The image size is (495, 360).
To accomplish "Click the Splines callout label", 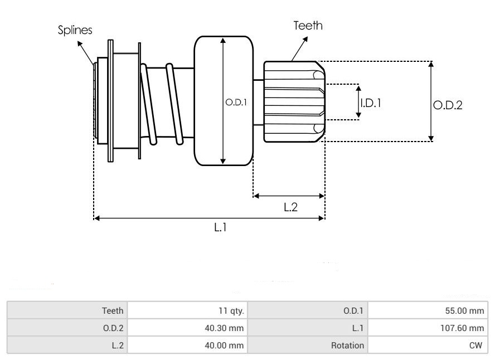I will [75, 30].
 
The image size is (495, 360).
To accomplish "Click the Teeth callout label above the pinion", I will [308, 26].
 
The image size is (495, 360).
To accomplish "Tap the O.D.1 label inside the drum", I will [236, 103].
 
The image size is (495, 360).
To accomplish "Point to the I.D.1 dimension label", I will [370, 103].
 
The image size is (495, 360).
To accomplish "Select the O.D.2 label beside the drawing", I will [448, 105].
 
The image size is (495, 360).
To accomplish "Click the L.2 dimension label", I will [290, 207].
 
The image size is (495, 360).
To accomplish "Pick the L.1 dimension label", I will [220, 228].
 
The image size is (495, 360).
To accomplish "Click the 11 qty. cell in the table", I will [232, 311].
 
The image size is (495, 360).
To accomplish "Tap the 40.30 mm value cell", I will [225, 328].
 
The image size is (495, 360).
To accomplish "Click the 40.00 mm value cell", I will [225, 346].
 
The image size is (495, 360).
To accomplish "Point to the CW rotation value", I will [475, 346].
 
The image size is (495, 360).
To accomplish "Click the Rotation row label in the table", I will [347, 346].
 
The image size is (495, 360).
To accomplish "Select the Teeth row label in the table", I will [113, 311].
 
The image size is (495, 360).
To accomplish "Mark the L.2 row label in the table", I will [117, 346].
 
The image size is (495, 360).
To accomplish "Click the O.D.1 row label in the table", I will [353, 311].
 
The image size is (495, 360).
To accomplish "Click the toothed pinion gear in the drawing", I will [293, 101].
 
